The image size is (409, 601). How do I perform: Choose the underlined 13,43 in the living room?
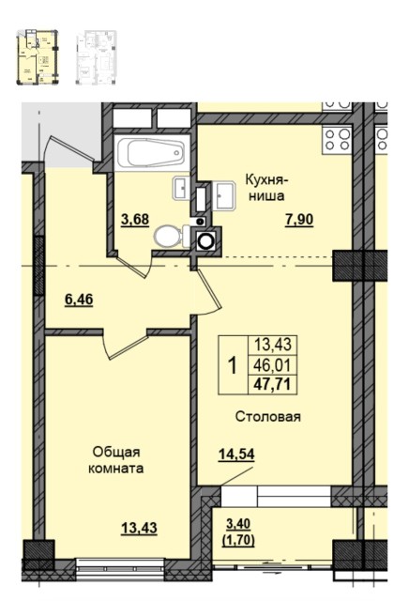pyautogui.click(x=139, y=527)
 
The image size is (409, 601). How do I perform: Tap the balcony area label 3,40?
pyautogui.click(x=238, y=524)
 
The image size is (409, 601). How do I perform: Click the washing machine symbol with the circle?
pyautogui.click(x=205, y=238)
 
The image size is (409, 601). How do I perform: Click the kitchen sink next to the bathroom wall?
pyautogui.click(x=225, y=195)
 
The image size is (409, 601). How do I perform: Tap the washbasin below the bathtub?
pyautogui.click(x=181, y=188)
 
